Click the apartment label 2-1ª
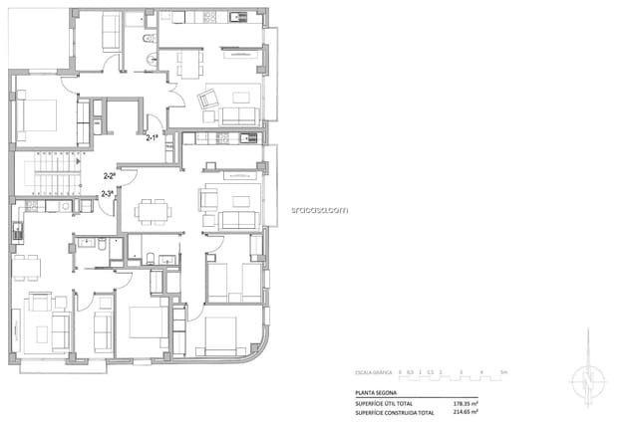[x=153, y=137]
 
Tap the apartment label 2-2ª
[x=109, y=175]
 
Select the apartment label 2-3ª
[x=107, y=193]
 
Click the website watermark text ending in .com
[x=319, y=209]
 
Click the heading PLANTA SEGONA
[x=376, y=393]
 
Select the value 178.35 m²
[x=465, y=402]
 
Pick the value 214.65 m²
[x=465, y=411]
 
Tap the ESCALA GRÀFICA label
[x=374, y=372]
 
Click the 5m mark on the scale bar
[x=503, y=372]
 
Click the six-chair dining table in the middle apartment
[x=153, y=211]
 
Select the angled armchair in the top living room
[x=209, y=100]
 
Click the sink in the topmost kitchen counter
[x=236, y=18]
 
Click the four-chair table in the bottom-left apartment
[x=27, y=267]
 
